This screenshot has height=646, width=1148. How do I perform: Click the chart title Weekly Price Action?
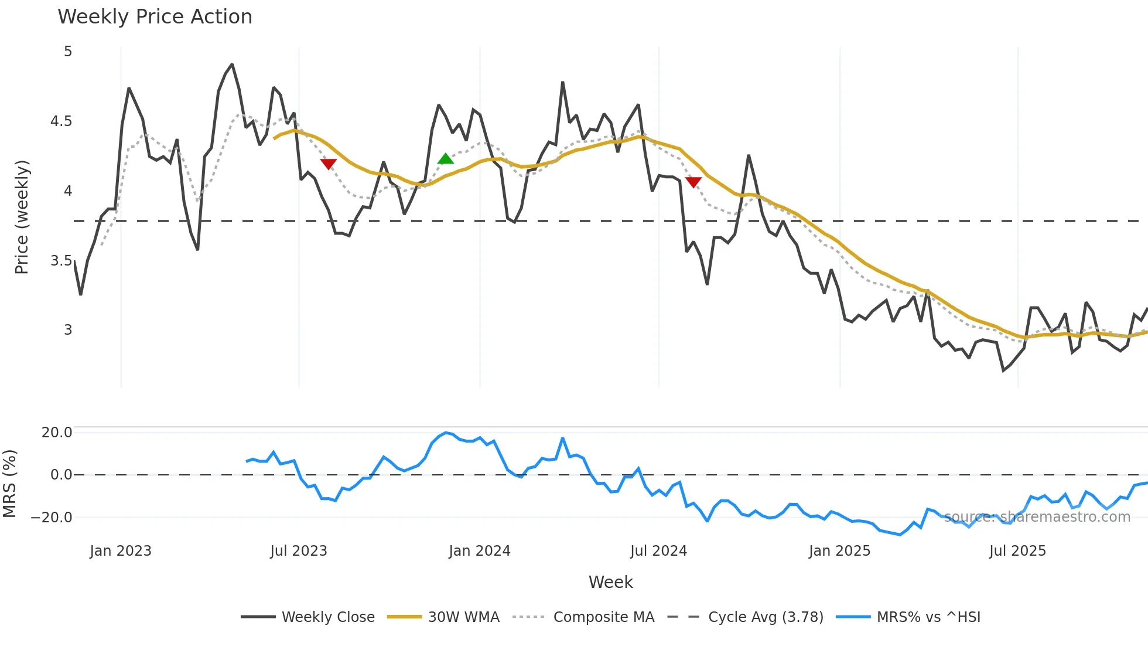(x=155, y=16)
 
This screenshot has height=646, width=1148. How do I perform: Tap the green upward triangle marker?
(x=446, y=159)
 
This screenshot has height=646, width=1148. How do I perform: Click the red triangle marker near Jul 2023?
(x=329, y=164)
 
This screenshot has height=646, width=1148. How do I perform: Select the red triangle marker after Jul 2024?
(x=693, y=182)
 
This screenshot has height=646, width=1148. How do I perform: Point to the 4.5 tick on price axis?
(x=61, y=121)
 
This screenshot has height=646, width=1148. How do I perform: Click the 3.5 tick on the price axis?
(x=61, y=261)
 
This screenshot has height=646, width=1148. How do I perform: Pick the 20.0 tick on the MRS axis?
(x=57, y=433)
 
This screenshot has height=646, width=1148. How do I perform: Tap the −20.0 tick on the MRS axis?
(x=52, y=518)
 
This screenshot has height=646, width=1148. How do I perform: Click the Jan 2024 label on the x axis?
(x=480, y=551)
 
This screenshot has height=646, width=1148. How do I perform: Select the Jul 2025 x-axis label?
(x=1017, y=551)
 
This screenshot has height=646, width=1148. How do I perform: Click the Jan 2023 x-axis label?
(x=121, y=551)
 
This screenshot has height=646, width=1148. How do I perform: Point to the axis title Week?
(x=610, y=582)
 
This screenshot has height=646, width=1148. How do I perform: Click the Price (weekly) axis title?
(x=22, y=217)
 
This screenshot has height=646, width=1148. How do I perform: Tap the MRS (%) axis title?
(x=9, y=484)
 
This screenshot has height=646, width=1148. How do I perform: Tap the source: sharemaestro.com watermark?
(x=1037, y=517)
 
